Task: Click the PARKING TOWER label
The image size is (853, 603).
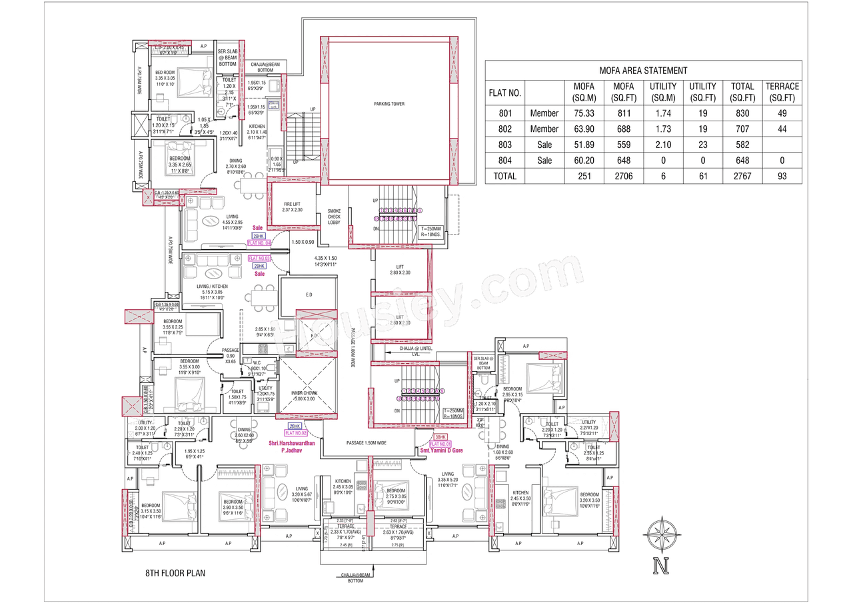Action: (x=389, y=104)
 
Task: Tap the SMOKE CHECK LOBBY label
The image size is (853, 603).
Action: (x=334, y=217)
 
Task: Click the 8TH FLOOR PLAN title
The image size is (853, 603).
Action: (x=176, y=572)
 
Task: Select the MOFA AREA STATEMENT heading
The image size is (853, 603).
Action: (x=643, y=70)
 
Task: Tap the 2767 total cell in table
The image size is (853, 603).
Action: (x=742, y=176)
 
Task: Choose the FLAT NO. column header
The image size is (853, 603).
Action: (x=505, y=92)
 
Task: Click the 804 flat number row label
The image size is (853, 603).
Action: (x=505, y=161)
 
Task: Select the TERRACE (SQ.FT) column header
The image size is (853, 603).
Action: (x=782, y=92)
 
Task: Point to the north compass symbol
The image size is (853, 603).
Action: (x=661, y=536)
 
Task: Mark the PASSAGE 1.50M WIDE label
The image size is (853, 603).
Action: (x=367, y=442)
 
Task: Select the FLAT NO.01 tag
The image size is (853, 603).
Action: (x=440, y=443)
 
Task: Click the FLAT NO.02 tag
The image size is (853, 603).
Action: (x=295, y=433)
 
